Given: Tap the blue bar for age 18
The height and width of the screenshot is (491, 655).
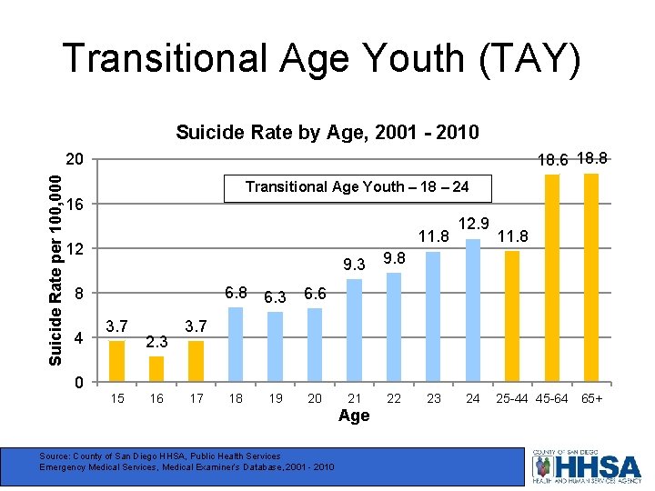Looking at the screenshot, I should point(236,345).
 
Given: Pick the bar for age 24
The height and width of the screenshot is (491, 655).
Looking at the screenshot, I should point(473,310).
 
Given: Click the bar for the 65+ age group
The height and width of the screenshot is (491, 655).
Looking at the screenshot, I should point(591,277).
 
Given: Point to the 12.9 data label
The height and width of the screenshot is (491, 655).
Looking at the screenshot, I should point(474,224).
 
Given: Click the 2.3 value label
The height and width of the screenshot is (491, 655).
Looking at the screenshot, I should point(156,342).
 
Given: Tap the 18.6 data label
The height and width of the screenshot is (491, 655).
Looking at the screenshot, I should point(552,160).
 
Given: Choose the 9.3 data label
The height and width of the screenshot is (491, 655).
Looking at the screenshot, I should point(354,265).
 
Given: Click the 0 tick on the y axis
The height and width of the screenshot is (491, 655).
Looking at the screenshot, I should point(79,383).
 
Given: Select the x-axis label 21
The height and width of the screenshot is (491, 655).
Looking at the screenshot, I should point(355,399).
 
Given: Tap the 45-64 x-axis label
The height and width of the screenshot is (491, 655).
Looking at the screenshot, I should point(552,399).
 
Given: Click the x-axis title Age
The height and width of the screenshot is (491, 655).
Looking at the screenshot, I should point(354,416).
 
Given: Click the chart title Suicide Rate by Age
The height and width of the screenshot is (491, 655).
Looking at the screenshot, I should point(327,133).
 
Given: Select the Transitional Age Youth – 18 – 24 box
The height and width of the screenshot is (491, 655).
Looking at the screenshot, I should point(358,187).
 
